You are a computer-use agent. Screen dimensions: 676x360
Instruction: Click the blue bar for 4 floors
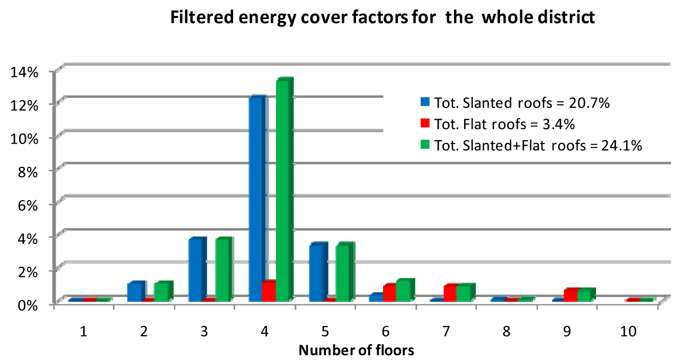pos(257,199)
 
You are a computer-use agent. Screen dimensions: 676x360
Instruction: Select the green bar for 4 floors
pos(284,190)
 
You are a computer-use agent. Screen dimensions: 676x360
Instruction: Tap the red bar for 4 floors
pos(269,291)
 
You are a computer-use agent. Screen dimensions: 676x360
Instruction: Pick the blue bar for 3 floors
pos(197,269)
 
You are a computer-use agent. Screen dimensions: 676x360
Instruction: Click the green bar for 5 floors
pos(345,272)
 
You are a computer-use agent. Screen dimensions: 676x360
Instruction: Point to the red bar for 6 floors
pos(389,293)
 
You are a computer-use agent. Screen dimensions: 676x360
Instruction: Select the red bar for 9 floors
pos(571,295)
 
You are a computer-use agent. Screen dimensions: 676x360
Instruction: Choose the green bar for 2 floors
pos(163,291)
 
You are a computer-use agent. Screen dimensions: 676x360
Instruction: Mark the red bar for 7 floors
pos(450,293)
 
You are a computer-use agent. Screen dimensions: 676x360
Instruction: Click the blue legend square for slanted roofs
pos(425,102)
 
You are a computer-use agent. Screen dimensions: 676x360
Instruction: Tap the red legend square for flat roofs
pos(425,123)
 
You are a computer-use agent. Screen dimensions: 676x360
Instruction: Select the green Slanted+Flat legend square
pos(425,145)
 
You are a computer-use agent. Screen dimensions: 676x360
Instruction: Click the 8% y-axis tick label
pos(28,172)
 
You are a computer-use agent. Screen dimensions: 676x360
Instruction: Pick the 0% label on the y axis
pos(28,305)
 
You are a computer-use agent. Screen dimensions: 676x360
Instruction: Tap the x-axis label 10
pos(628,331)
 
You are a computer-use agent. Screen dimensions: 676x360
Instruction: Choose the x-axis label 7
pos(447,331)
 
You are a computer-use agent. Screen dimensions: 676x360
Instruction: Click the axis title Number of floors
pos(356,350)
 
